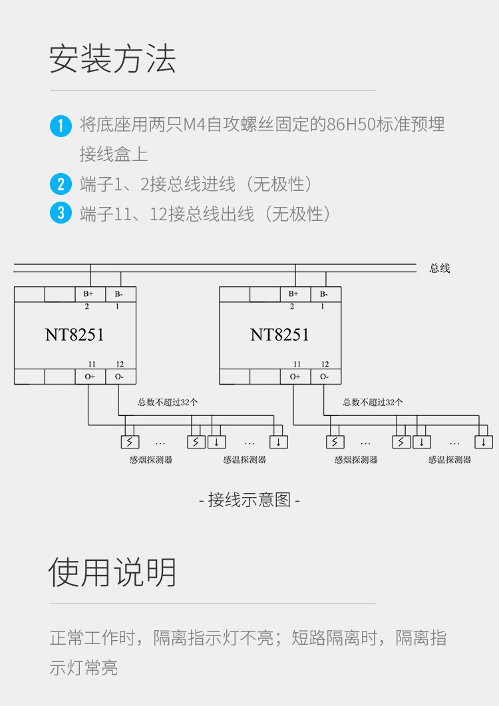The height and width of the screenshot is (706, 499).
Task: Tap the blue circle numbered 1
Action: (61, 125)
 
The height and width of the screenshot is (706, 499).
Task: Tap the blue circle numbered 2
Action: (61, 184)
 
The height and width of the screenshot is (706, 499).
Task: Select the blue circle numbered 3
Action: (61, 214)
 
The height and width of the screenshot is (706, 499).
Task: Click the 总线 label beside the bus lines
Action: (440, 268)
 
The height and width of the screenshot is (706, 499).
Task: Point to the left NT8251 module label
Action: (75, 334)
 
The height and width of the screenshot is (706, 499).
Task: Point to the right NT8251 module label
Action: (279, 334)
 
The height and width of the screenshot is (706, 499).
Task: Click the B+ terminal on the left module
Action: (89, 294)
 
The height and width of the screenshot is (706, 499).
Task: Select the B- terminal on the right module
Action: (324, 294)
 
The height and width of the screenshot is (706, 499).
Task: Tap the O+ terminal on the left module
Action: (89, 377)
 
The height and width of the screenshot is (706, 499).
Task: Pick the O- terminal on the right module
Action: (324, 377)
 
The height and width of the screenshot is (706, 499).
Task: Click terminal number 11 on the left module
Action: (91, 364)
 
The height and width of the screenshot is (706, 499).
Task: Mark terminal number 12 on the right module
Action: (325, 364)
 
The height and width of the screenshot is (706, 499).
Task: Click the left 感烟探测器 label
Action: (151, 460)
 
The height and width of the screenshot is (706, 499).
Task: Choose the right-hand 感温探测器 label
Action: (450, 460)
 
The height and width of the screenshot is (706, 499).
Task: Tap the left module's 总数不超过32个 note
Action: (168, 402)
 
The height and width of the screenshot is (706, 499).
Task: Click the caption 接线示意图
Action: (249, 500)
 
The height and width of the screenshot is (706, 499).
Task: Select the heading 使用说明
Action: (112, 572)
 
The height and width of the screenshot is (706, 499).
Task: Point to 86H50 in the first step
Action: (350, 124)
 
